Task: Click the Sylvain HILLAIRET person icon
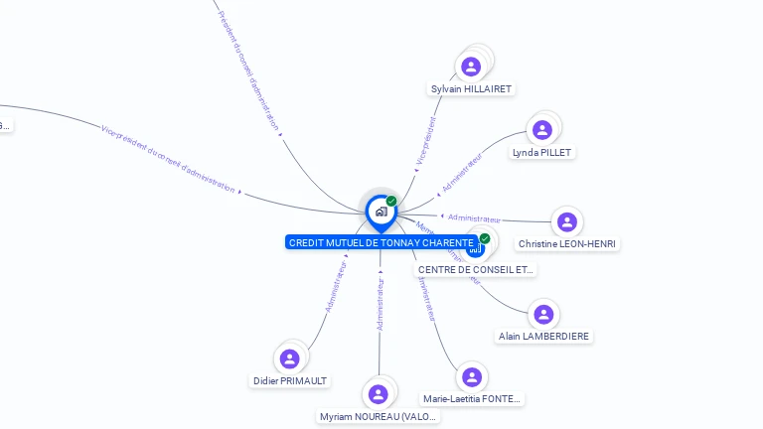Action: (471, 67)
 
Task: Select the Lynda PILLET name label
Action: (541, 153)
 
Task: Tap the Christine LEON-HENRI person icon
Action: (566, 222)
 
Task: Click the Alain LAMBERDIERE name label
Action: (543, 337)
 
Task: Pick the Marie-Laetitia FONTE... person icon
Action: (471, 377)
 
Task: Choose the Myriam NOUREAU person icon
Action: (378, 394)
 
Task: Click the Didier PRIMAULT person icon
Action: (289, 358)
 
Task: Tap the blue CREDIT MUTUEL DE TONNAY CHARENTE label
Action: (381, 242)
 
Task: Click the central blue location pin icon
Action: (381, 212)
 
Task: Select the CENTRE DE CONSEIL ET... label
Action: (475, 269)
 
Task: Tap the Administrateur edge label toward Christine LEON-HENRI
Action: (474, 218)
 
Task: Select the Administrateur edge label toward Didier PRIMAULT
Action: (336, 285)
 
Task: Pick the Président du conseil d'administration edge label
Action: (248, 69)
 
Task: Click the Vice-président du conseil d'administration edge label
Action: (169, 158)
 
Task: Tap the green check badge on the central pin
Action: (391, 202)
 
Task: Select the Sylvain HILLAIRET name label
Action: (471, 89)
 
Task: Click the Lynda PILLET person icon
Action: (541, 129)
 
